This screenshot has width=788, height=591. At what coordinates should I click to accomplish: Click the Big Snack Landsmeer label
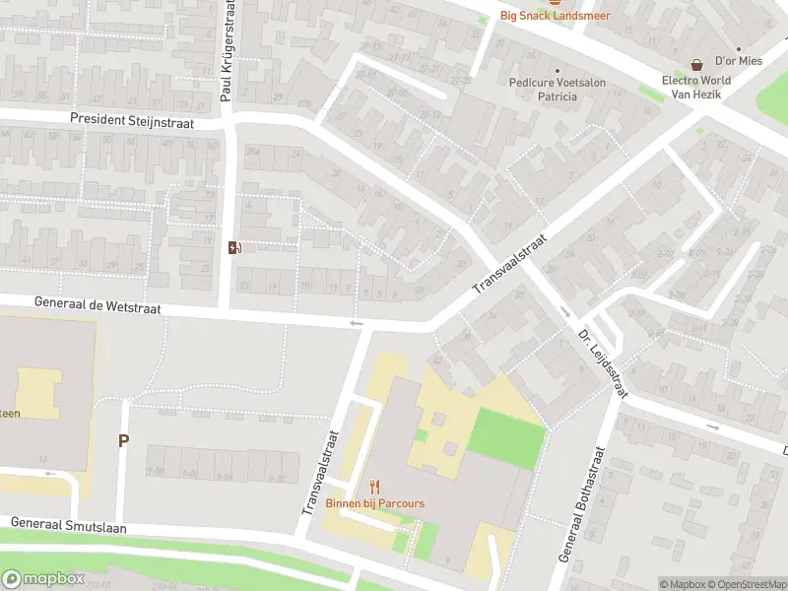click(x=555, y=16)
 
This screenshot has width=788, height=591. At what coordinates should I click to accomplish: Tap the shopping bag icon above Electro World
click(x=696, y=64)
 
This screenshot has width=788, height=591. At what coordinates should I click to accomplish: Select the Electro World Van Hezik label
click(x=696, y=87)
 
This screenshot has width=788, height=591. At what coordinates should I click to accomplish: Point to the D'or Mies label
click(x=739, y=60)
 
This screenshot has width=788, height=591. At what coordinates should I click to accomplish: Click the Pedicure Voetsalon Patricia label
click(x=557, y=90)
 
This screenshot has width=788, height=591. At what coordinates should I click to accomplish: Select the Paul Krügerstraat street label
click(x=229, y=51)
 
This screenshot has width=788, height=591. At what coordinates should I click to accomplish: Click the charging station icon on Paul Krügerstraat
click(x=233, y=247)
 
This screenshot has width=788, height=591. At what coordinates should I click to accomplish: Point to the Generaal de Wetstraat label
click(x=96, y=306)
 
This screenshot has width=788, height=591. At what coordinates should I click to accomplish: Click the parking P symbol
click(x=123, y=440)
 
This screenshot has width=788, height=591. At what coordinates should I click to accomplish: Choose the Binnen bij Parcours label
click(x=375, y=503)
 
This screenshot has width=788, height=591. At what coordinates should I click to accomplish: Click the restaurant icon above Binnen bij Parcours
click(x=374, y=487)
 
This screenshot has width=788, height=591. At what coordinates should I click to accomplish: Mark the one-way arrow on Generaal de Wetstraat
click(x=356, y=322)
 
